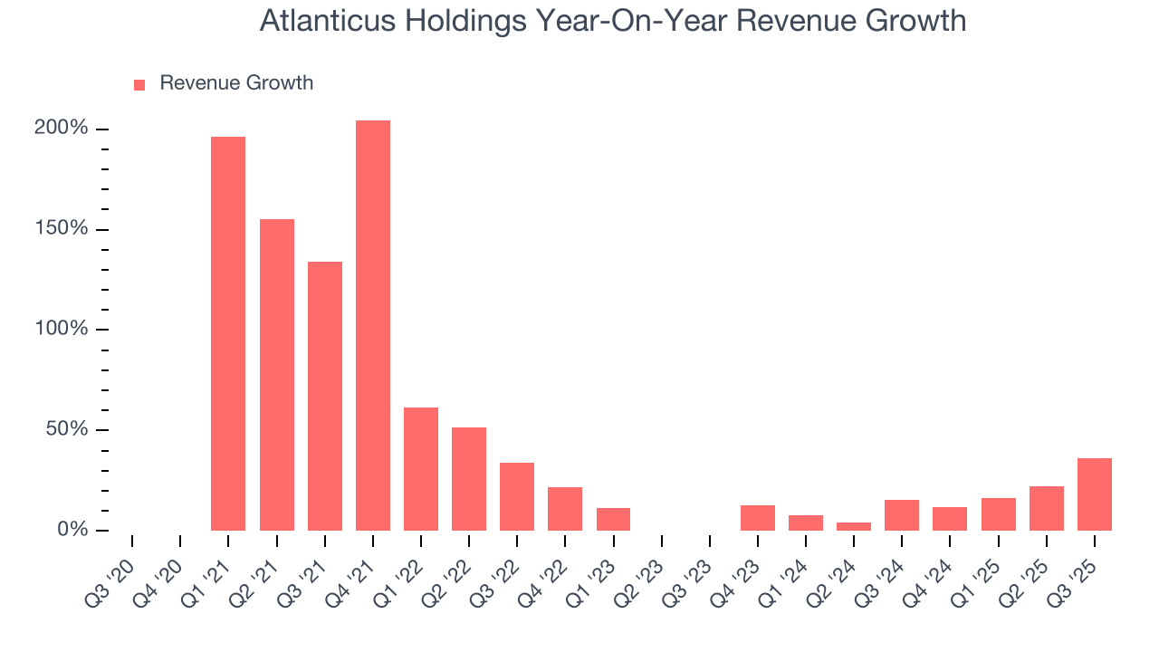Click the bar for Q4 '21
[373, 326]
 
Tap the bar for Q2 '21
[277, 375]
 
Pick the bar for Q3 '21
[325, 396]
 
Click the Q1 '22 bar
[421, 469]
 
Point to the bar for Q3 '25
[1095, 494]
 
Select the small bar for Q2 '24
[854, 526]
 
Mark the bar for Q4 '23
[758, 518]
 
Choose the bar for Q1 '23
[613, 519]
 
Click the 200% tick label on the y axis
[62, 129]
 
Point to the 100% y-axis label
[62, 329]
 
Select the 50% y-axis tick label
[67, 429]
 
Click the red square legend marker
[139, 85]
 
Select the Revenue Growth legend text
[236, 83]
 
